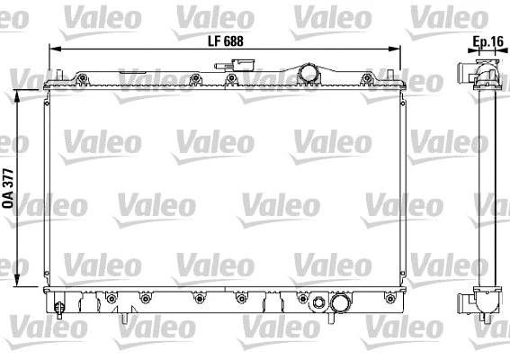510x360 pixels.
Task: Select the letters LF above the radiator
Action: coord(213,40)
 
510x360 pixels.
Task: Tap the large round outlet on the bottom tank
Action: coord(340,306)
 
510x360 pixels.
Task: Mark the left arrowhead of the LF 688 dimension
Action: coord(51,49)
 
